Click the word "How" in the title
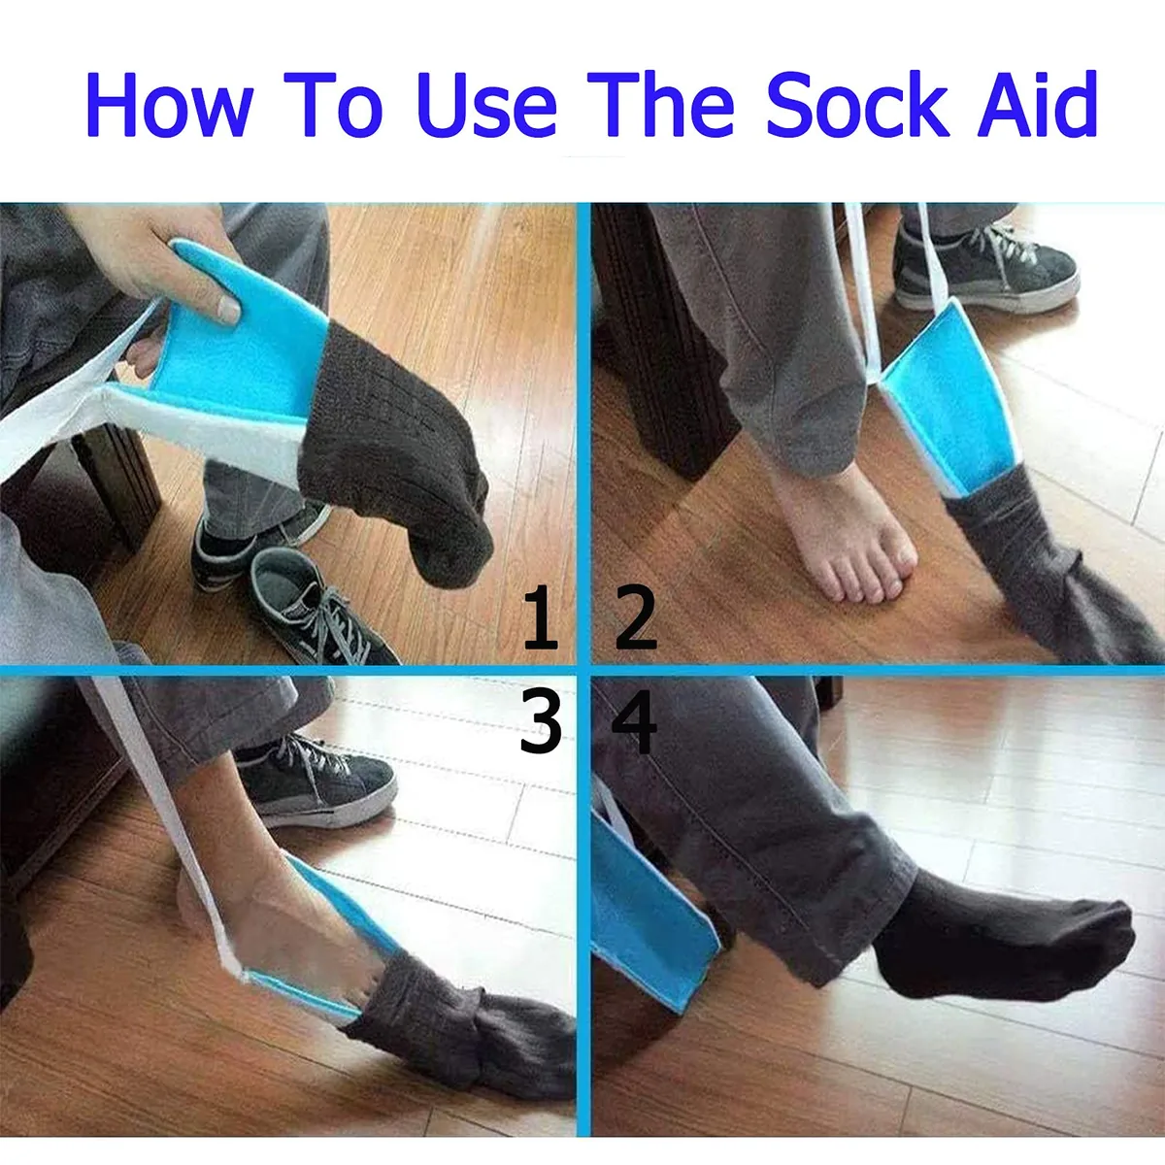click(x=169, y=105)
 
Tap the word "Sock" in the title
click(x=855, y=105)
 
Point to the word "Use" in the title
click(x=485, y=105)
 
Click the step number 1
click(x=540, y=618)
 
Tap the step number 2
click(x=636, y=618)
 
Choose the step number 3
click(x=540, y=722)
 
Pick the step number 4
click(x=635, y=722)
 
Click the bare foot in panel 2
click(x=847, y=532)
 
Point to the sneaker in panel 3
click(x=315, y=780)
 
